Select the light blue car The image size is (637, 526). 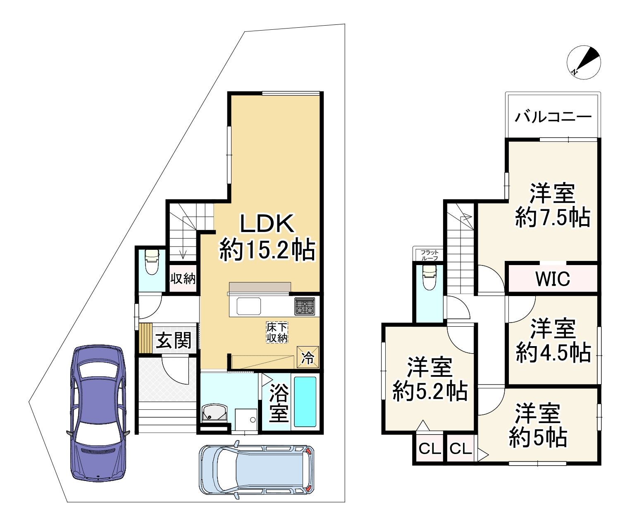(x=256, y=469)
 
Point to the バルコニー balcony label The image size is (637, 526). (x=553, y=117)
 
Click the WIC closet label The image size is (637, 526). (x=553, y=279)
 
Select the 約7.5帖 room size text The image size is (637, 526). (x=553, y=217)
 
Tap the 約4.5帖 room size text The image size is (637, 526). (x=553, y=353)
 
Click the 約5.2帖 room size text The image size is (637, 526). (x=430, y=391)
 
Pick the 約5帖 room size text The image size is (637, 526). (x=538, y=437)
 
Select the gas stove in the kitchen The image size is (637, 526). (x=305, y=306)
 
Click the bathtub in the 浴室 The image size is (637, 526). (x=305, y=402)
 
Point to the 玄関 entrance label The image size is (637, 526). (x=173, y=341)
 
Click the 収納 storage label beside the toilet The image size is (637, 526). (x=183, y=279)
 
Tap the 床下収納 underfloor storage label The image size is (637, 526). (x=277, y=332)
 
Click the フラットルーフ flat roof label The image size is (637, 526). (x=429, y=255)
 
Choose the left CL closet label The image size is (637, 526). (x=430, y=449)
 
